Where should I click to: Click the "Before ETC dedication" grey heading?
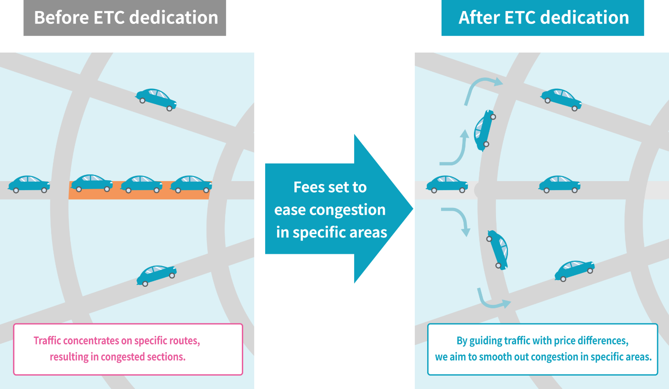125,18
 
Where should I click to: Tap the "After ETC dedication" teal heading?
543,18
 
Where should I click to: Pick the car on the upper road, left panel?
156,99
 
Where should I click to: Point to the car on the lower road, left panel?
156,275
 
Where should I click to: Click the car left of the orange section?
29,184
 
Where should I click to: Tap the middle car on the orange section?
141,184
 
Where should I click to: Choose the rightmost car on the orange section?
191,184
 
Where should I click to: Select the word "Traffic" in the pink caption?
47,341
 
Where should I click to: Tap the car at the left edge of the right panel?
447,184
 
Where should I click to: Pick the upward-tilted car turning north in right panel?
484,130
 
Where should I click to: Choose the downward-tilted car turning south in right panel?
497,249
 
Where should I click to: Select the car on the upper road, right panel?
561,99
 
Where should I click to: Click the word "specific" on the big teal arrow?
316,232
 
